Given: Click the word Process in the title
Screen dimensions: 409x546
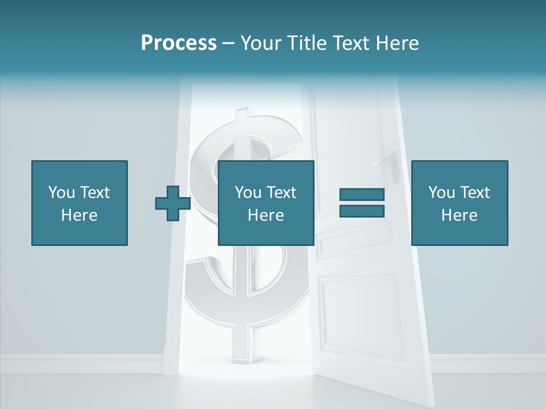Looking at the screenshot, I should (179, 43).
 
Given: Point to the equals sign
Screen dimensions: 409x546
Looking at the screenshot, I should (362, 203).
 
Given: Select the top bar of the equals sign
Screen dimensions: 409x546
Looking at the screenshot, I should (362, 195).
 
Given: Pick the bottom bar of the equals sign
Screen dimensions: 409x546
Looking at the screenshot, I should (362, 211).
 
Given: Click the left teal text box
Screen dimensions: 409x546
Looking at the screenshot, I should (79, 203).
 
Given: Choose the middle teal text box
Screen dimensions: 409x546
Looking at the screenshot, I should (266, 203).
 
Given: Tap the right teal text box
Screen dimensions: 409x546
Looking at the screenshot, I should (459, 203).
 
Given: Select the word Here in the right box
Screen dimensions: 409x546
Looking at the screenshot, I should (459, 215).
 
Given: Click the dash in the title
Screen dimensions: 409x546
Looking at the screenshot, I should (229, 43).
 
